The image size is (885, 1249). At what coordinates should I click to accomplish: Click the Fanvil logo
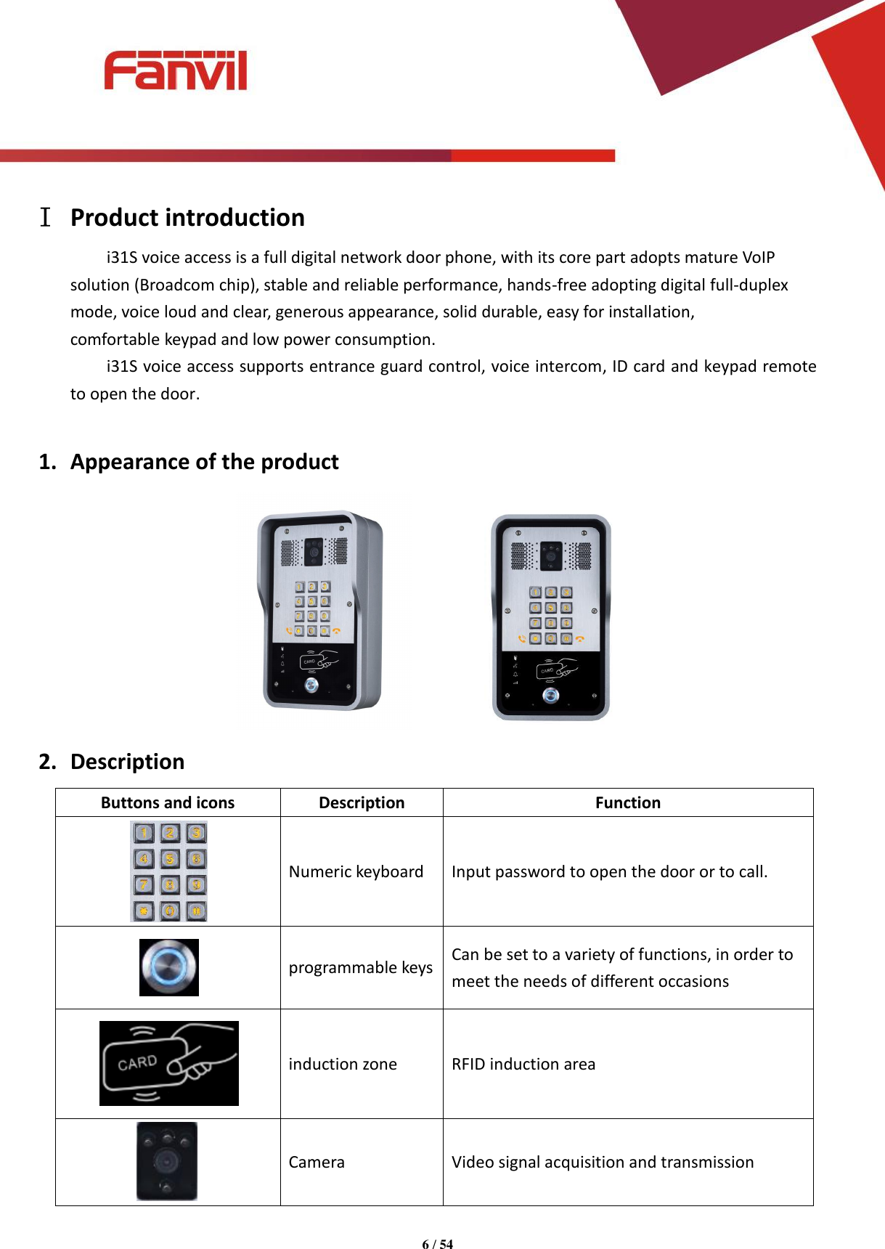point(175,70)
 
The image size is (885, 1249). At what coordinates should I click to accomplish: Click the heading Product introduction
point(187,218)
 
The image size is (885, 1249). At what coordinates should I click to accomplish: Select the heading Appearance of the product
point(204,462)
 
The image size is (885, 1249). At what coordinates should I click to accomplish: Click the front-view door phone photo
point(551,617)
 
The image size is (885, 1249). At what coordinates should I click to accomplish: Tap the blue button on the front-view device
point(551,696)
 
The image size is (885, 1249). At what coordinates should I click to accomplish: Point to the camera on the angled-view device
point(314,551)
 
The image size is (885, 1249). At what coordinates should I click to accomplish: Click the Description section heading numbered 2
point(127,762)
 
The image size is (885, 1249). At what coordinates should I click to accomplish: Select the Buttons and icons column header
point(168,802)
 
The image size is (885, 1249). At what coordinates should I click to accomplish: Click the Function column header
point(627,802)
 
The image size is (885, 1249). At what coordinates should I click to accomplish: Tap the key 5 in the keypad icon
point(169,859)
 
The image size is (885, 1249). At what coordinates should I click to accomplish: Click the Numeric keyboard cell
point(356,871)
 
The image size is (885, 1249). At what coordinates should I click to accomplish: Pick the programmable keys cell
point(360,967)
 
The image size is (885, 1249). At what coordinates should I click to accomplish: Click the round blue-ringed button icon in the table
point(168,967)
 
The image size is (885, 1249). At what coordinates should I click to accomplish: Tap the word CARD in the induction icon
point(137,1063)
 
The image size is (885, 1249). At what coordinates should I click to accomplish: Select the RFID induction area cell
point(523,1064)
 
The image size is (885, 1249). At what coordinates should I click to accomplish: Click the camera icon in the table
point(167,1160)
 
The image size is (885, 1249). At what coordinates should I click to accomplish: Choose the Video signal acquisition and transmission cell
point(602,1162)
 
